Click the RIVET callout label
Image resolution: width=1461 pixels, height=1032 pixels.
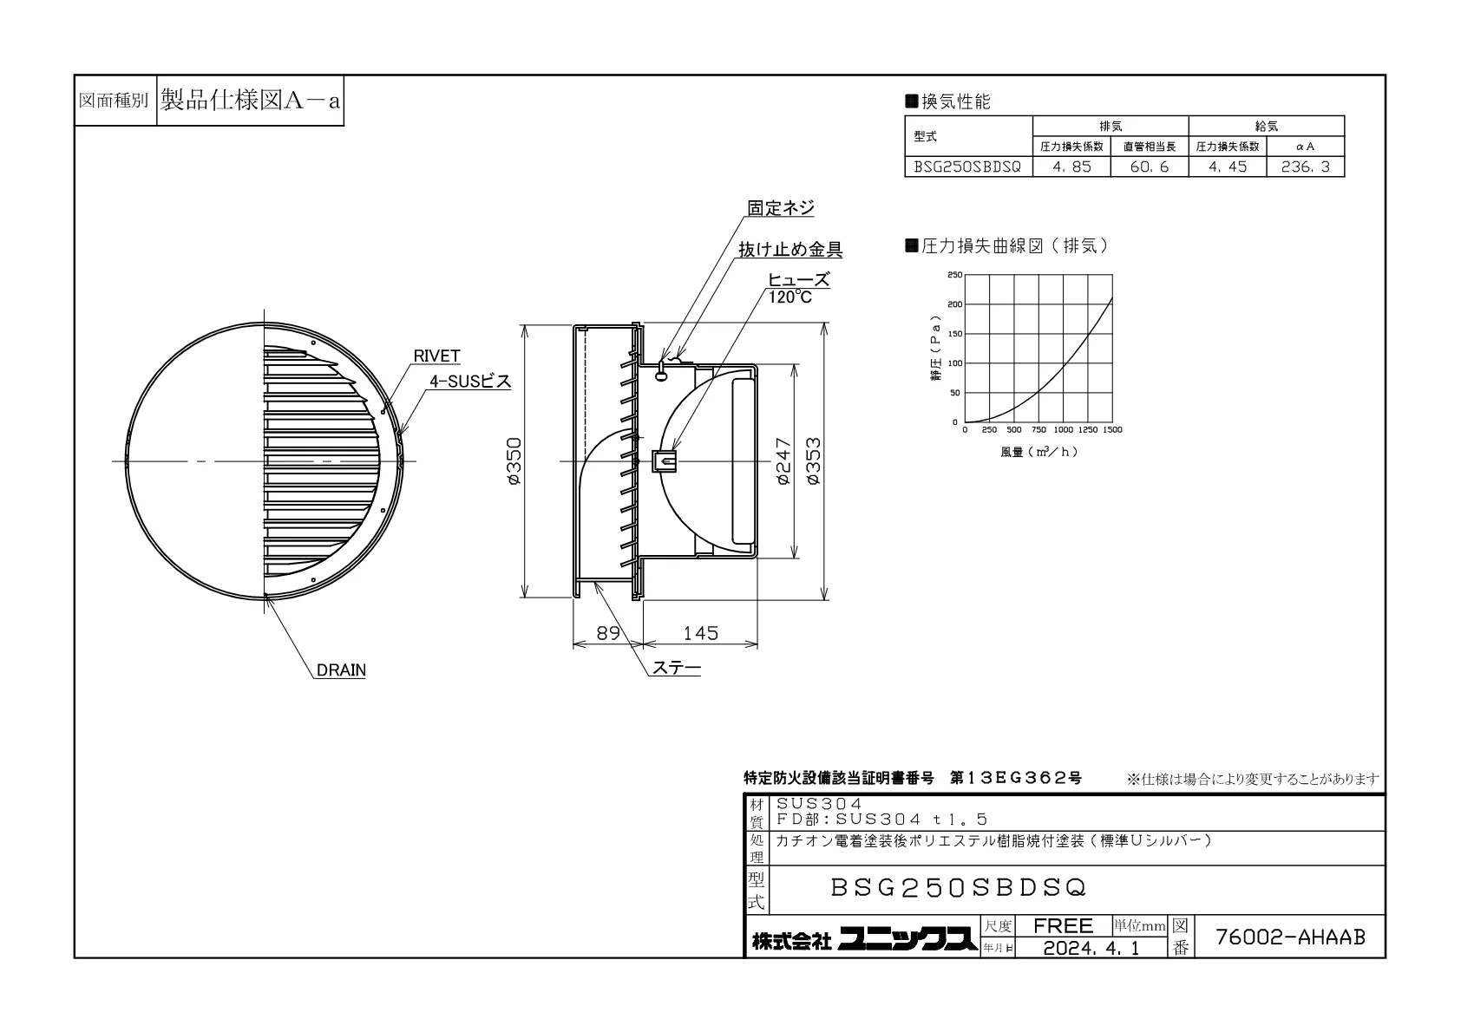(436, 356)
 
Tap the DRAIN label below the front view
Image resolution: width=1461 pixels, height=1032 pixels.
(340, 670)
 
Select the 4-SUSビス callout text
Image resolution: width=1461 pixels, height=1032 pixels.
(469, 382)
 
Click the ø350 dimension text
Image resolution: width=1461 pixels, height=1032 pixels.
(514, 460)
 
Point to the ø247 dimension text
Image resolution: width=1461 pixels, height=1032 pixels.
(783, 460)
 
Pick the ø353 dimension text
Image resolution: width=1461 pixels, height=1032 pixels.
(813, 460)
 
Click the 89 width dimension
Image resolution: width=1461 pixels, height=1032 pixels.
(608, 633)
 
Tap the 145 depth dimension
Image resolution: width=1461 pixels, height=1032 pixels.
(700, 633)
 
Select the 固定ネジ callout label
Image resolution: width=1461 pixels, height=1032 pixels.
(781, 208)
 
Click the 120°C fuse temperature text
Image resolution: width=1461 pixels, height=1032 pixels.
(789, 297)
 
